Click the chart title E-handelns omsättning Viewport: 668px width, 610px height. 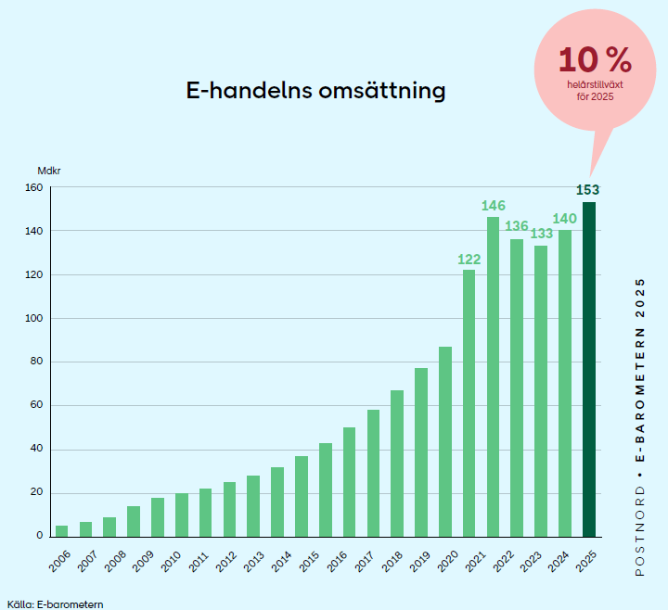(315, 91)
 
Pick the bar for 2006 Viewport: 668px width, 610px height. (61, 530)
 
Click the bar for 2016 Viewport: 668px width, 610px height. (349, 481)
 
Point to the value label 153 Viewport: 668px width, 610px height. (587, 190)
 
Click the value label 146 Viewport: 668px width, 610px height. (493, 205)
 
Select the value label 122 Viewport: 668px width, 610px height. (469, 259)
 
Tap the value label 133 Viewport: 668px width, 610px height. (540, 234)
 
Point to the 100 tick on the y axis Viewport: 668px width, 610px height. (33, 318)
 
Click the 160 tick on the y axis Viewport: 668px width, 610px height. (33, 187)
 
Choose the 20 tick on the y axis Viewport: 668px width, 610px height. (36, 492)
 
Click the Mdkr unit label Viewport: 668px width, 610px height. (48, 171)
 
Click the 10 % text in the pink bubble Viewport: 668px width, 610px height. (595, 61)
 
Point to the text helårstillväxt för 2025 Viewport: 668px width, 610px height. (595, 90)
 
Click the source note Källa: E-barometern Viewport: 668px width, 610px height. (55, 604)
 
